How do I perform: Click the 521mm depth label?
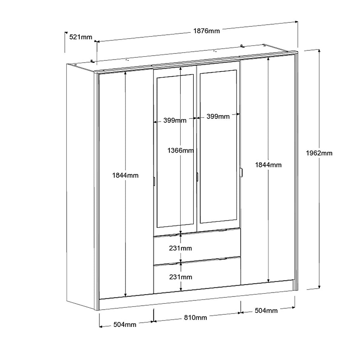click(81, 37)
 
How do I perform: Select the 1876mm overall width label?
click(206, 31)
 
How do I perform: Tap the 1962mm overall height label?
click(319, 153)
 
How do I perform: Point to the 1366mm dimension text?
click(180, 150)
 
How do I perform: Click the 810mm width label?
click(195, 317)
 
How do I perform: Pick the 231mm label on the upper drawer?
click(180, 248)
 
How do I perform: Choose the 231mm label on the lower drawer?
click(181, 277)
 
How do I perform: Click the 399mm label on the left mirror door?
click(175, 120)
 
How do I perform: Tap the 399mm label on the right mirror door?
click(218, 116)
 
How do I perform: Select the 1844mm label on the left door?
click(126, 175)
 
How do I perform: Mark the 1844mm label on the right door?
click(268, 165)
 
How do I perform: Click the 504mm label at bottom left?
click(125, 324)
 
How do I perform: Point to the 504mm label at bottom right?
click(266, 311)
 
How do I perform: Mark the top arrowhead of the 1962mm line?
click(319, 51)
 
